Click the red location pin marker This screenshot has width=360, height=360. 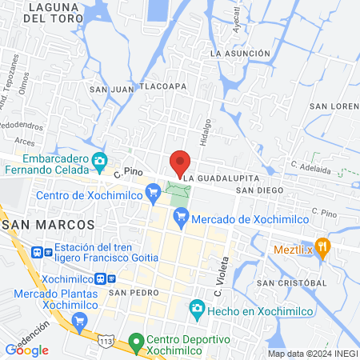(x=180, y=160)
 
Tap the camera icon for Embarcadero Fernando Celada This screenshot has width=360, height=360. (x=99, y=161)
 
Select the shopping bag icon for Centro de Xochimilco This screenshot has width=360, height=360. (x=153, y=193)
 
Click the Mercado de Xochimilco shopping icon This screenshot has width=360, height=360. (x=182, y=214)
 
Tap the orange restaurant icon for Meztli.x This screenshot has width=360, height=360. (x=322, y=247)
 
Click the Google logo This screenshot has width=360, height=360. (x=27, y=350)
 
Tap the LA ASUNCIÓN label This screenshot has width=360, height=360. (x=238, y=53)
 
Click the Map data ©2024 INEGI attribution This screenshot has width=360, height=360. (x=312, y=354)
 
